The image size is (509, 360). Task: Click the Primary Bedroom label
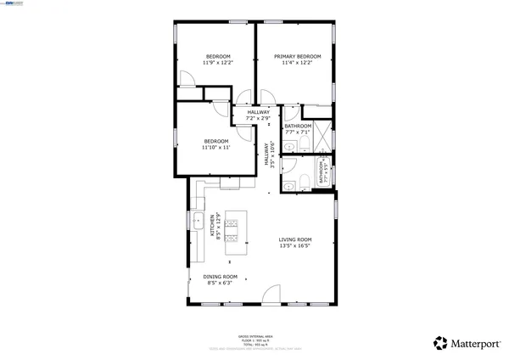point(297,56)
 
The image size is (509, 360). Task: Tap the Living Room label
point(295,239)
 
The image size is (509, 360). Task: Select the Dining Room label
point(220,277)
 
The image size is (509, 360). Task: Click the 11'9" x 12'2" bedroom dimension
point(218,63)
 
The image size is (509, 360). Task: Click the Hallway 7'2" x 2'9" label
point(258,115)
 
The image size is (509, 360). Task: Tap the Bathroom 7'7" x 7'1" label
point(298,129)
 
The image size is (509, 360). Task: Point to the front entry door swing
point(271,295)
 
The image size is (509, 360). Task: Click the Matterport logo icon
point(440,343)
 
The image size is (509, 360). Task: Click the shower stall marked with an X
point(317,111)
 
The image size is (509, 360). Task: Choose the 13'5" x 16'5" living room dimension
point(295,246)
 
